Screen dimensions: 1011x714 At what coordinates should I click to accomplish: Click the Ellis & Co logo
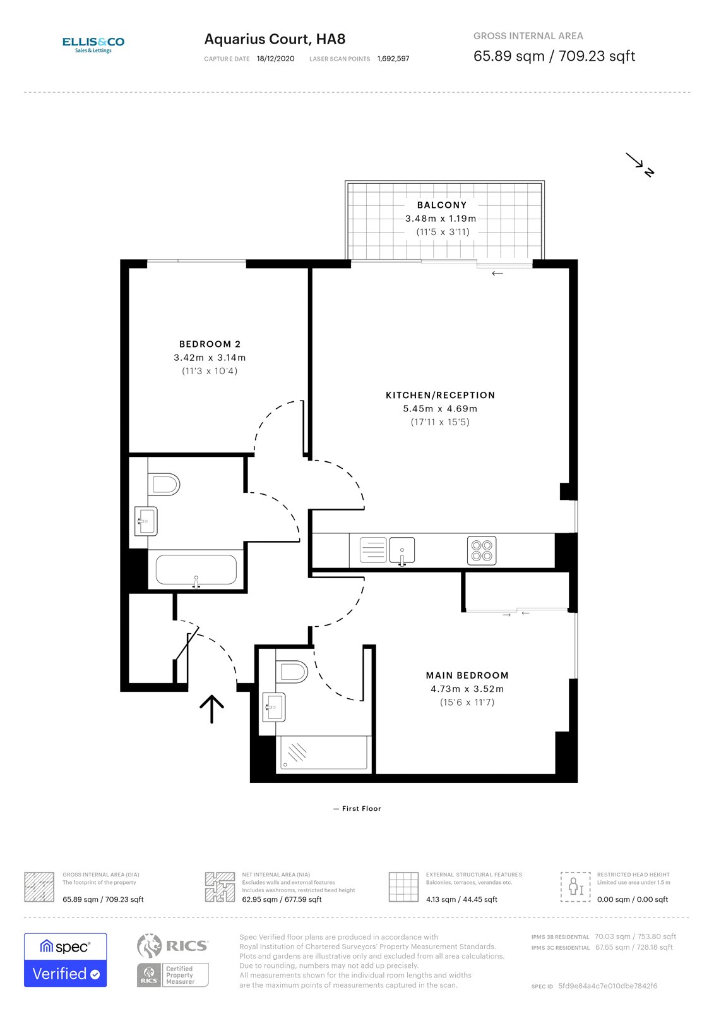93,44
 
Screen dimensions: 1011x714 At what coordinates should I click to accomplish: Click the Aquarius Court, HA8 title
275,39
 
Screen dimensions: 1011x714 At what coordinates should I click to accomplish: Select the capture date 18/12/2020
275,59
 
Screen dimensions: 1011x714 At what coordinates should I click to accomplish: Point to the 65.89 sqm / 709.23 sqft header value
554,56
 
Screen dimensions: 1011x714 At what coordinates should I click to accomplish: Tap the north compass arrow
639,164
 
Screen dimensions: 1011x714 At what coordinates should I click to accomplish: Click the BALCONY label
441,205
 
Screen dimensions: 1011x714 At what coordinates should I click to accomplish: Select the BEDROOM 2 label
210,344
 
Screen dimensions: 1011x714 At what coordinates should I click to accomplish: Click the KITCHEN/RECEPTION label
440,396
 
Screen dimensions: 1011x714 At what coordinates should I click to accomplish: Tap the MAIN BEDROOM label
467,675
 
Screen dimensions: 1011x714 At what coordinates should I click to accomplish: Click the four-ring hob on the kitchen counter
482,550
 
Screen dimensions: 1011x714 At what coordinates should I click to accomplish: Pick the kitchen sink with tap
402,550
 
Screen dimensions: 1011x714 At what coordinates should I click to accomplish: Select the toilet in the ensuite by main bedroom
292,670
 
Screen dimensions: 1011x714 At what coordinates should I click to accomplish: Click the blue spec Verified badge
65,960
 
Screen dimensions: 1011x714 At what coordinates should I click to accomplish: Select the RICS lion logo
149,946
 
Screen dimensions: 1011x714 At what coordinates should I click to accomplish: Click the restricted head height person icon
576,887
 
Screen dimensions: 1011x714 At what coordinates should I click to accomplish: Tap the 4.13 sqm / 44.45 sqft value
461,900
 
